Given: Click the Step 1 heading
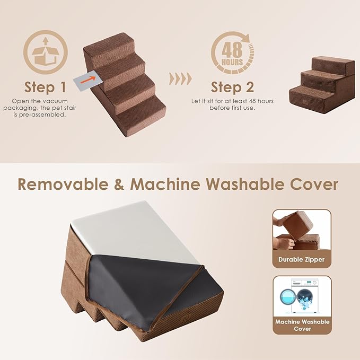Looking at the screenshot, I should [x=45, y=87].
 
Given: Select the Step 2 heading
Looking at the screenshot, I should [x=232, y=87].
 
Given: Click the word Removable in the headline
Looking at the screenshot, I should [x=66, y=185].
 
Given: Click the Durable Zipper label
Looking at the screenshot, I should [x=302, y=260].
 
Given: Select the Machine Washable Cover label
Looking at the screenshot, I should [x=302, y=325].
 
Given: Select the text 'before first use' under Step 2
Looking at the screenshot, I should [x=232, y=108].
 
